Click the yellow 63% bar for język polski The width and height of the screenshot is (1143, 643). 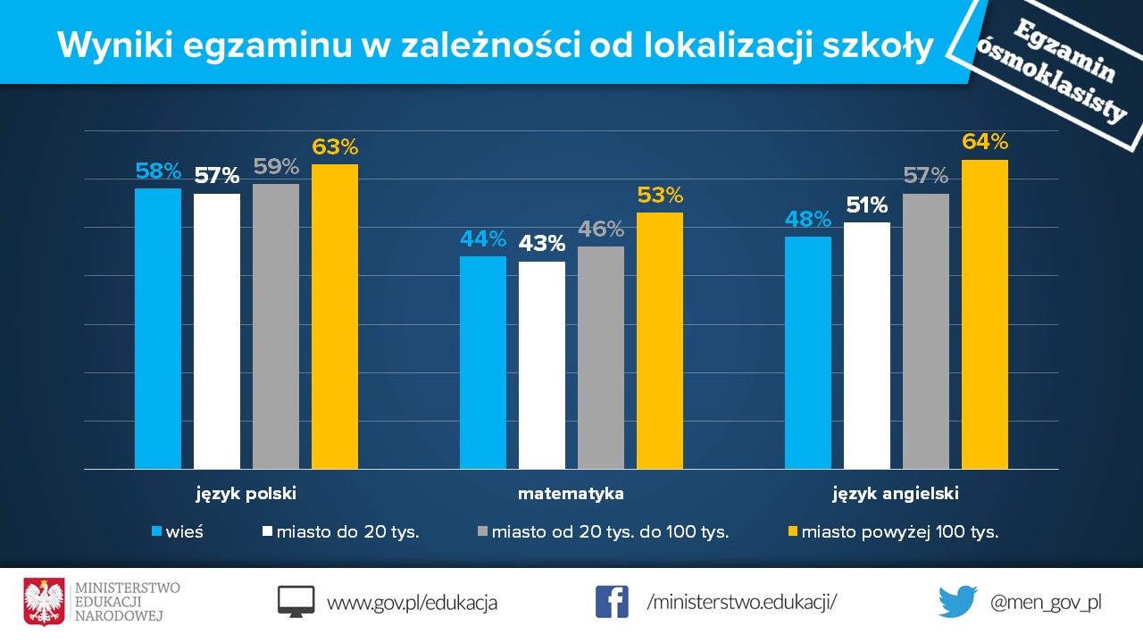point(334,317)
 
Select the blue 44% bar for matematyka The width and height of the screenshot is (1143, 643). point(482,363)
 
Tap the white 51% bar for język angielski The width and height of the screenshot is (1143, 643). point(866,346)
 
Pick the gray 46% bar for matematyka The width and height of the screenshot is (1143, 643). point(600,357)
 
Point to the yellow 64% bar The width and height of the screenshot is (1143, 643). point(984,314)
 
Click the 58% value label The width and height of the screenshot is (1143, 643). point(158,171)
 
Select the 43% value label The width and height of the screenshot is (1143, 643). point(542,244)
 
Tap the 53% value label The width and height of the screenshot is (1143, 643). point(660,195)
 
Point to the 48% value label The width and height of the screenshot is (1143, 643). point(808,219)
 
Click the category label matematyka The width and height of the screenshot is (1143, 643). point(571,493)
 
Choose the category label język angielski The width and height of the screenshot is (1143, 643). point(896,493)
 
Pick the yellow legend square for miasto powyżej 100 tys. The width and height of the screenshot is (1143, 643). point(790,531)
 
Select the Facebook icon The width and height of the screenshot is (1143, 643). point(612,602)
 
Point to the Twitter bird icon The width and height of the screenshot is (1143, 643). point(957,602)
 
